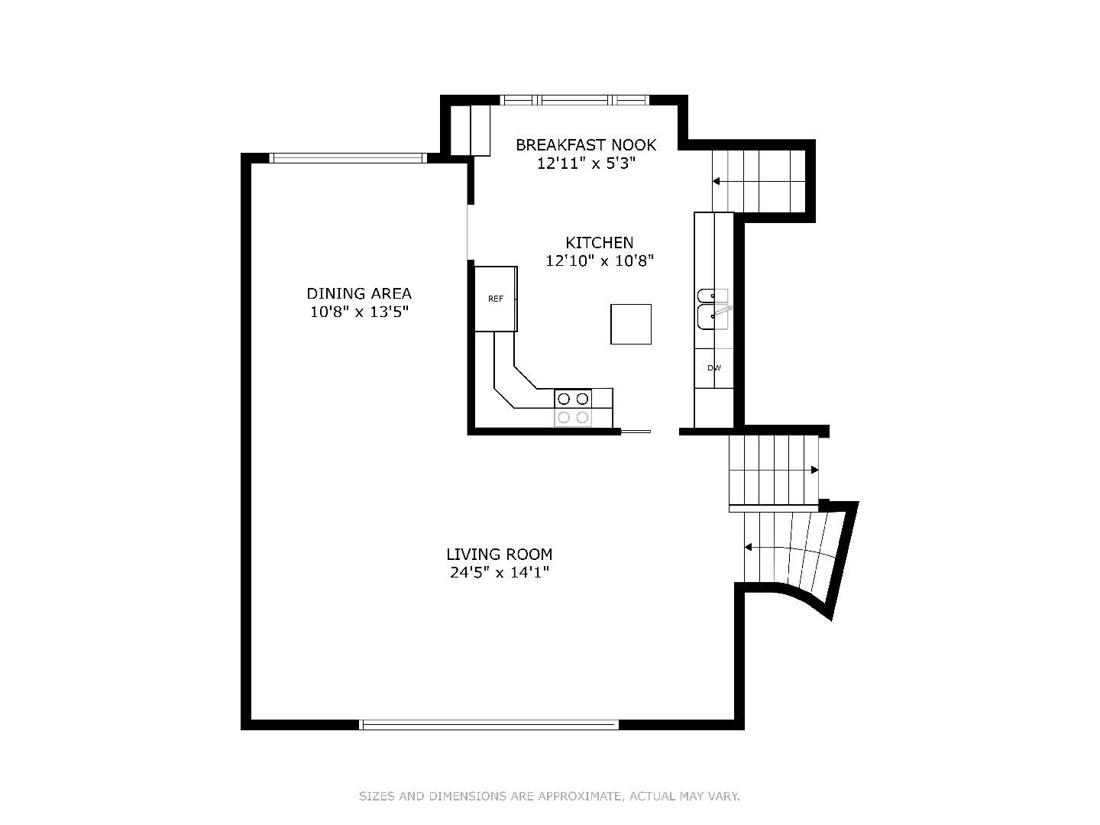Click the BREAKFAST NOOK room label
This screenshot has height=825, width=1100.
click(585, 145)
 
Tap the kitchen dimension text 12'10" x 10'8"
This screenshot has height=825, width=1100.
click(600, 261)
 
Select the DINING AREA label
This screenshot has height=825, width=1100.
click(359, 293)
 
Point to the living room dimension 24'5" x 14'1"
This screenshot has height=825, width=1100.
click(499, 573)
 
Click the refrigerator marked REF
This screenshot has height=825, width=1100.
click(496, 299)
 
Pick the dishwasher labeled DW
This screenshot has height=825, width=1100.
click(713, 368)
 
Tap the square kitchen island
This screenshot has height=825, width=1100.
click(630, 324)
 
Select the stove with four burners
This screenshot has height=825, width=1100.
click(573, 408)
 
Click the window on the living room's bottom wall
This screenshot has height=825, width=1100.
click(489, 724)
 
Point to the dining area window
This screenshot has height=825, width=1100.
click(348, 158)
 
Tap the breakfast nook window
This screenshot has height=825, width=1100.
click(574, 100)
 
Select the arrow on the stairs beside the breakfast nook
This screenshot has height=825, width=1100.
click(759, 181)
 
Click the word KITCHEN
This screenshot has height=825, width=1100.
click(600, 243)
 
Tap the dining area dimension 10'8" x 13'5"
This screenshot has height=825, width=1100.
click(359, 312)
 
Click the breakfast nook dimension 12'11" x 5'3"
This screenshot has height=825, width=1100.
click(586, 163)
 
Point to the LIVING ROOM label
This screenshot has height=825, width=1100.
click(499, 555)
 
